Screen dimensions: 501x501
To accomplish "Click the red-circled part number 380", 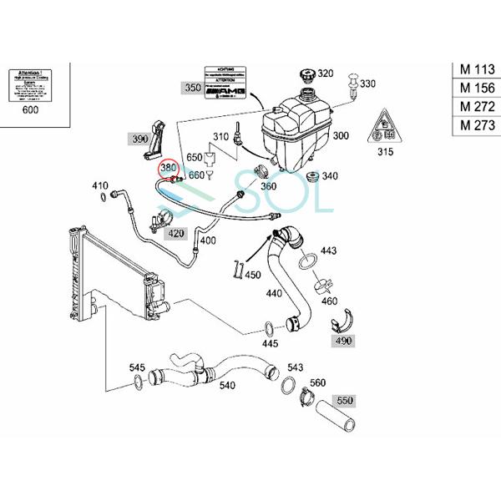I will [169, 167].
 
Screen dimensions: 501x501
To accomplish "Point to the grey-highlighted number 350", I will [192, 86].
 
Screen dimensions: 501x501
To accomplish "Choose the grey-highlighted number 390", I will [139, 139].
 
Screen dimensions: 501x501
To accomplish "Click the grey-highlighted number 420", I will [175, 234].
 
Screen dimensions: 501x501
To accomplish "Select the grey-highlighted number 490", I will [345, 341].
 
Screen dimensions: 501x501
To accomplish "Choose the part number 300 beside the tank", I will [341, 135].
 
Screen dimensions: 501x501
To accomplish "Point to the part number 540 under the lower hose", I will [227, 386].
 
